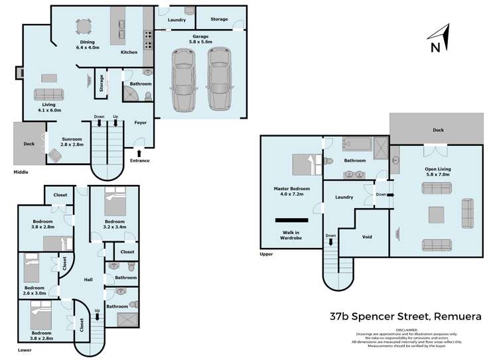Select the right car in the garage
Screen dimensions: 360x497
(x=219, y=80)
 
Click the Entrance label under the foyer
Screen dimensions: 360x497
(x=139, y=160)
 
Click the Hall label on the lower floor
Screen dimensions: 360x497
(x=88, y=280)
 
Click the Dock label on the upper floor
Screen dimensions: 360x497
(x=437, y=130)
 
